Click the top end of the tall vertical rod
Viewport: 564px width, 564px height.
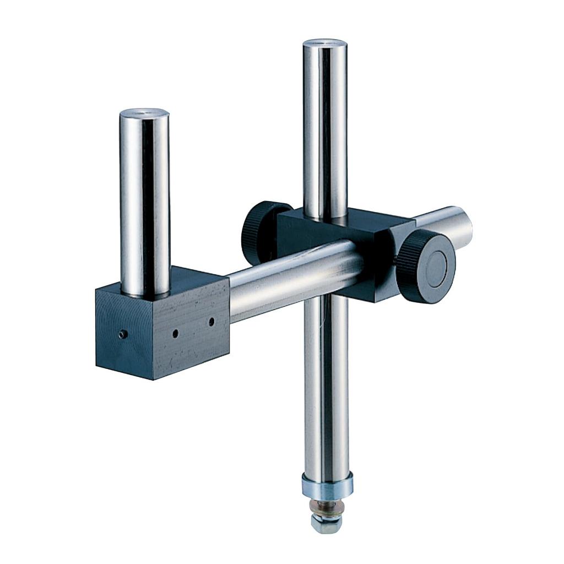point(325,43)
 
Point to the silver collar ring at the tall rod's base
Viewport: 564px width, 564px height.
point(327,484)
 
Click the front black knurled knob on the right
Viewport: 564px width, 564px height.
point(425,267)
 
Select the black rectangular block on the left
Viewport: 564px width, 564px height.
point(165,325)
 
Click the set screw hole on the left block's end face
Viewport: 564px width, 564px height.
point(124,334)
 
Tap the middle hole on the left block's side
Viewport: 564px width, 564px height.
point(175,333)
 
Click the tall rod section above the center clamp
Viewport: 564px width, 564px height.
point(325,127)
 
